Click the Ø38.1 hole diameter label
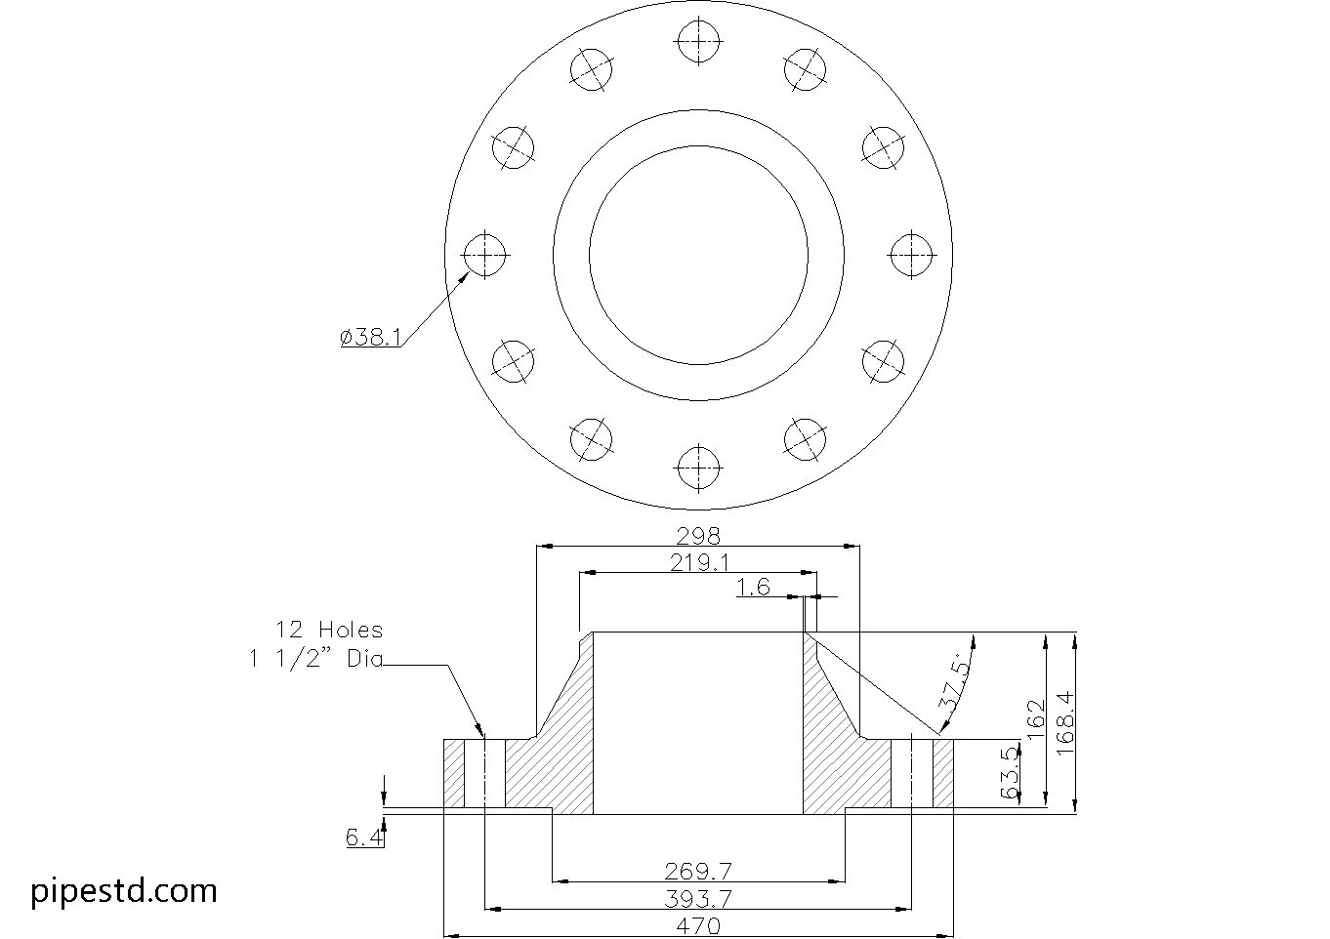tap(369, 338)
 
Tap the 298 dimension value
tap(698, 536)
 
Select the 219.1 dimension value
tap(698, 562)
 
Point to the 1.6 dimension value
tap(752, 587)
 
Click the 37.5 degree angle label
tap(955, 682)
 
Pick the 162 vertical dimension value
tap(1037, 717)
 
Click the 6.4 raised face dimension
tap(364, 837)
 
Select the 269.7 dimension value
tap(698, 870)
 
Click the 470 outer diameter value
tap(698, 925)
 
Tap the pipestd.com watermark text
tap(124, 891)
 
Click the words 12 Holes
tap(329, 631)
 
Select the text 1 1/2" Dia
tap(314, 659)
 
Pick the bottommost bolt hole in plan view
tap(699, 467)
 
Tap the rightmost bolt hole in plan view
tap(912, 255)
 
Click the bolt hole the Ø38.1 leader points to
tap(485, 255)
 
